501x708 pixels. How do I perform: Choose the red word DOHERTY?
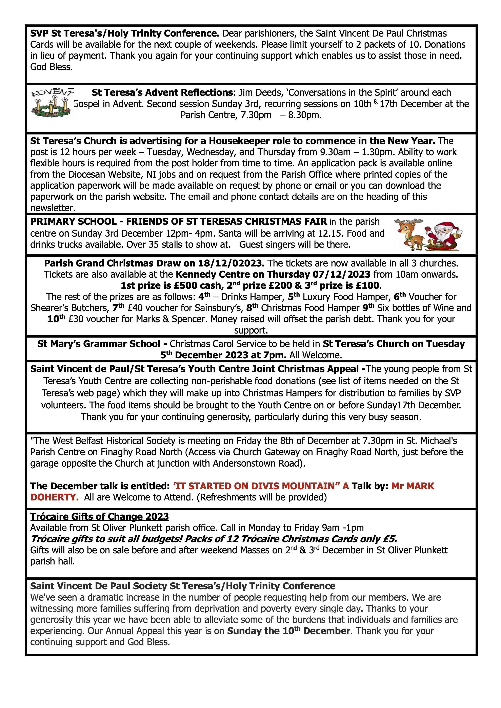[54, 497]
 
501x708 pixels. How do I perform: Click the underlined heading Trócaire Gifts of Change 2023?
[99, 516]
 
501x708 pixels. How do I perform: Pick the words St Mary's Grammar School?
[99, 344]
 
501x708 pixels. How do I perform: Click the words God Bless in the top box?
[51, 67]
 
